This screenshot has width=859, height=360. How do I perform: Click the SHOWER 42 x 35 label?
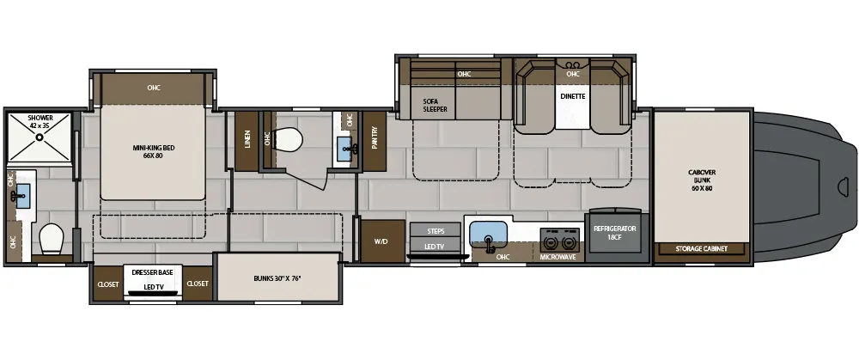coord(40,122)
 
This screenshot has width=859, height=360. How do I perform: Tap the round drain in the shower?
coord(39,136)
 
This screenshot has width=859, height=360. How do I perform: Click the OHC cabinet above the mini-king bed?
coord(154,88)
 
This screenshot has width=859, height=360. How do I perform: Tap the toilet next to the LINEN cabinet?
coord(292,138)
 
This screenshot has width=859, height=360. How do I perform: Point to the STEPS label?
coord(436,231)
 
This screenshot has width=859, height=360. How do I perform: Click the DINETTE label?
coord(573,96)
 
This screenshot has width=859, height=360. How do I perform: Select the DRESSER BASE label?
coord(152,272)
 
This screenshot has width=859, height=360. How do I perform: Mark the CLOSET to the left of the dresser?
coord(107,284)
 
